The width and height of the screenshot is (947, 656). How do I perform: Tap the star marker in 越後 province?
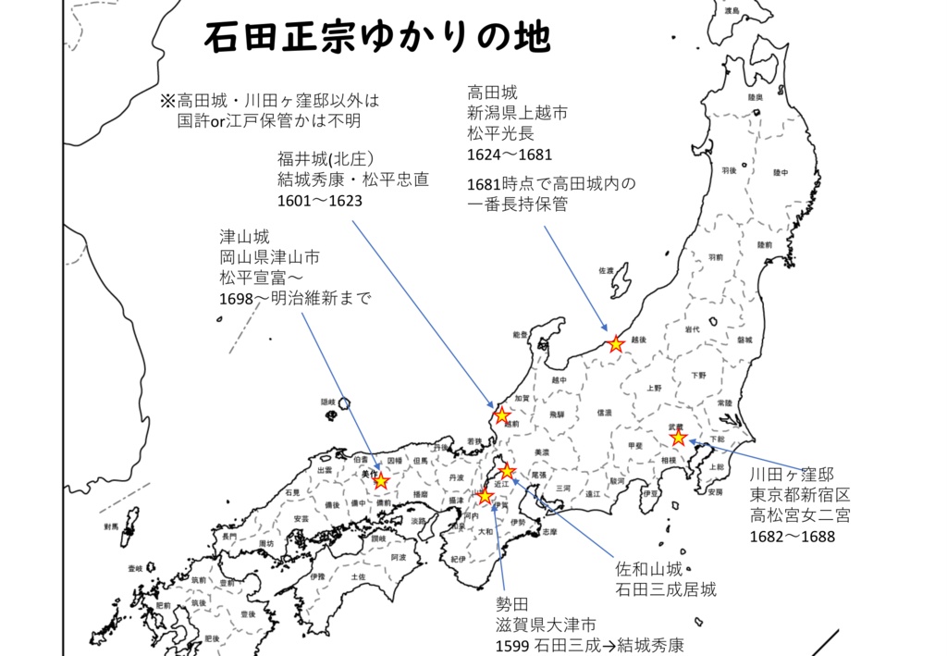(616, 344)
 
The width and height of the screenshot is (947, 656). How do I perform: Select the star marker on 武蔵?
(679, 437)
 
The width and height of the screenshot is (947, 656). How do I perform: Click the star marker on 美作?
(380, 481)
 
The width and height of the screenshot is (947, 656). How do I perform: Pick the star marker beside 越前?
(502, 415)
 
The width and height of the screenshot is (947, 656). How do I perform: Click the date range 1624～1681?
(510, 155)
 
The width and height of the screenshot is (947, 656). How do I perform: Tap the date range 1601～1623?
(319, 200)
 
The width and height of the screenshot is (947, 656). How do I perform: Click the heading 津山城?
(244, 237)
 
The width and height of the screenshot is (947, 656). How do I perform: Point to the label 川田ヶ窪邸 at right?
(793, 475)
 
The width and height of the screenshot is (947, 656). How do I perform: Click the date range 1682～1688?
(793, 537)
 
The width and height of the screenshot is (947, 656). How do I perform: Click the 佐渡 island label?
(606, 271)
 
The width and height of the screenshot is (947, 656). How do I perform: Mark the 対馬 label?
(111, 526)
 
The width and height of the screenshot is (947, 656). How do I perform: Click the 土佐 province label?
(358, 576)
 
